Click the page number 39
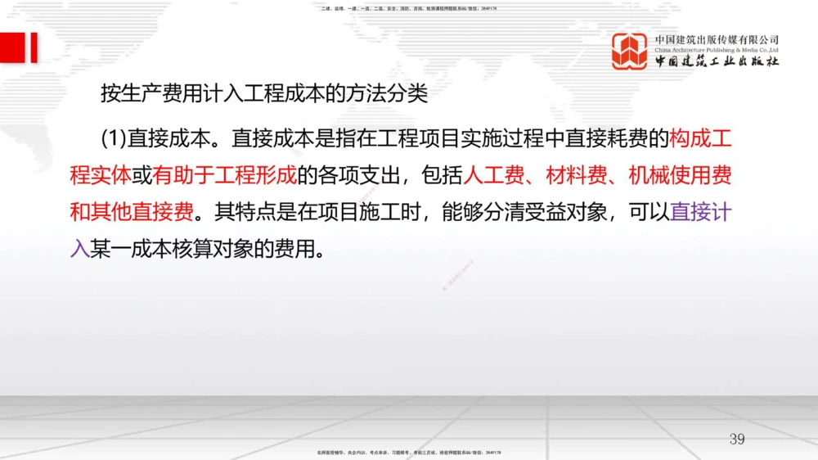click(x=737, y=440)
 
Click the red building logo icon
click(x=630, y=51)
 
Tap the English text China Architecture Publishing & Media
click(x=717, y=50)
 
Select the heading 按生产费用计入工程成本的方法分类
click(x=264, y=93)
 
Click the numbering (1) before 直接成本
click(x=115, y=138)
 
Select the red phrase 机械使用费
click(x=681, y=175)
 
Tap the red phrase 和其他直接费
click(x=132, y=212)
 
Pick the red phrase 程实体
click(x=100, y=175)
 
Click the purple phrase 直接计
click(x=701, y=212)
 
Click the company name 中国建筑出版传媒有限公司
click(x=717, y=39)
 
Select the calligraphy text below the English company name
click(x=717, y=62)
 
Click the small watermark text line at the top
click(x=409, y=8)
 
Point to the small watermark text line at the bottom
click(x=409, y=452)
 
